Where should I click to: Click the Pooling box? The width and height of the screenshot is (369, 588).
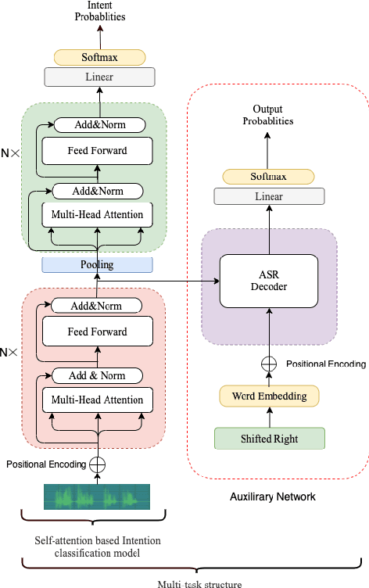coord(98,265)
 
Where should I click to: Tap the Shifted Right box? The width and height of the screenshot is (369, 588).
coord(269,439)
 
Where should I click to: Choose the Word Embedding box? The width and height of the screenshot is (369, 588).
coord(269,396)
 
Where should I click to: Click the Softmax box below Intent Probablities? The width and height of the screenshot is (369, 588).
coord(99,57)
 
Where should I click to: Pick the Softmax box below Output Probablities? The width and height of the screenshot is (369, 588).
coord(269,177)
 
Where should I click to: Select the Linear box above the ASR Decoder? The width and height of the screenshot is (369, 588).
coord(269,197)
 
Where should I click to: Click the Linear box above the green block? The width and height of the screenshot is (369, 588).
coord(99,77)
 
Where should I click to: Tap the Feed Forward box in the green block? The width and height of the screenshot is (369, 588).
coord(95,150)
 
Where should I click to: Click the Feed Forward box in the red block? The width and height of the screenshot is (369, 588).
coord(95,332)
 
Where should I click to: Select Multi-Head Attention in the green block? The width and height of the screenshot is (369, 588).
coord(97,214)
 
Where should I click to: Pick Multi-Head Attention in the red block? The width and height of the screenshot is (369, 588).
coord(97,400)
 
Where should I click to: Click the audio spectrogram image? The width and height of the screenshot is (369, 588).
coord(97,497)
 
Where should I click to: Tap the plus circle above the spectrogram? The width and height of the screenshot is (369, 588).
coord(98,464)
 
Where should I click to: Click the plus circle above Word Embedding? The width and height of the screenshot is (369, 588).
coord(269,364)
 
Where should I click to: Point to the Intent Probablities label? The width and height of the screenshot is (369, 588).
coord(100,11)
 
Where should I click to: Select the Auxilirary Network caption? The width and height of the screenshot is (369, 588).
coord(272,497)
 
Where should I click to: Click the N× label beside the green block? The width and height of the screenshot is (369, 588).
coord(10,153)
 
